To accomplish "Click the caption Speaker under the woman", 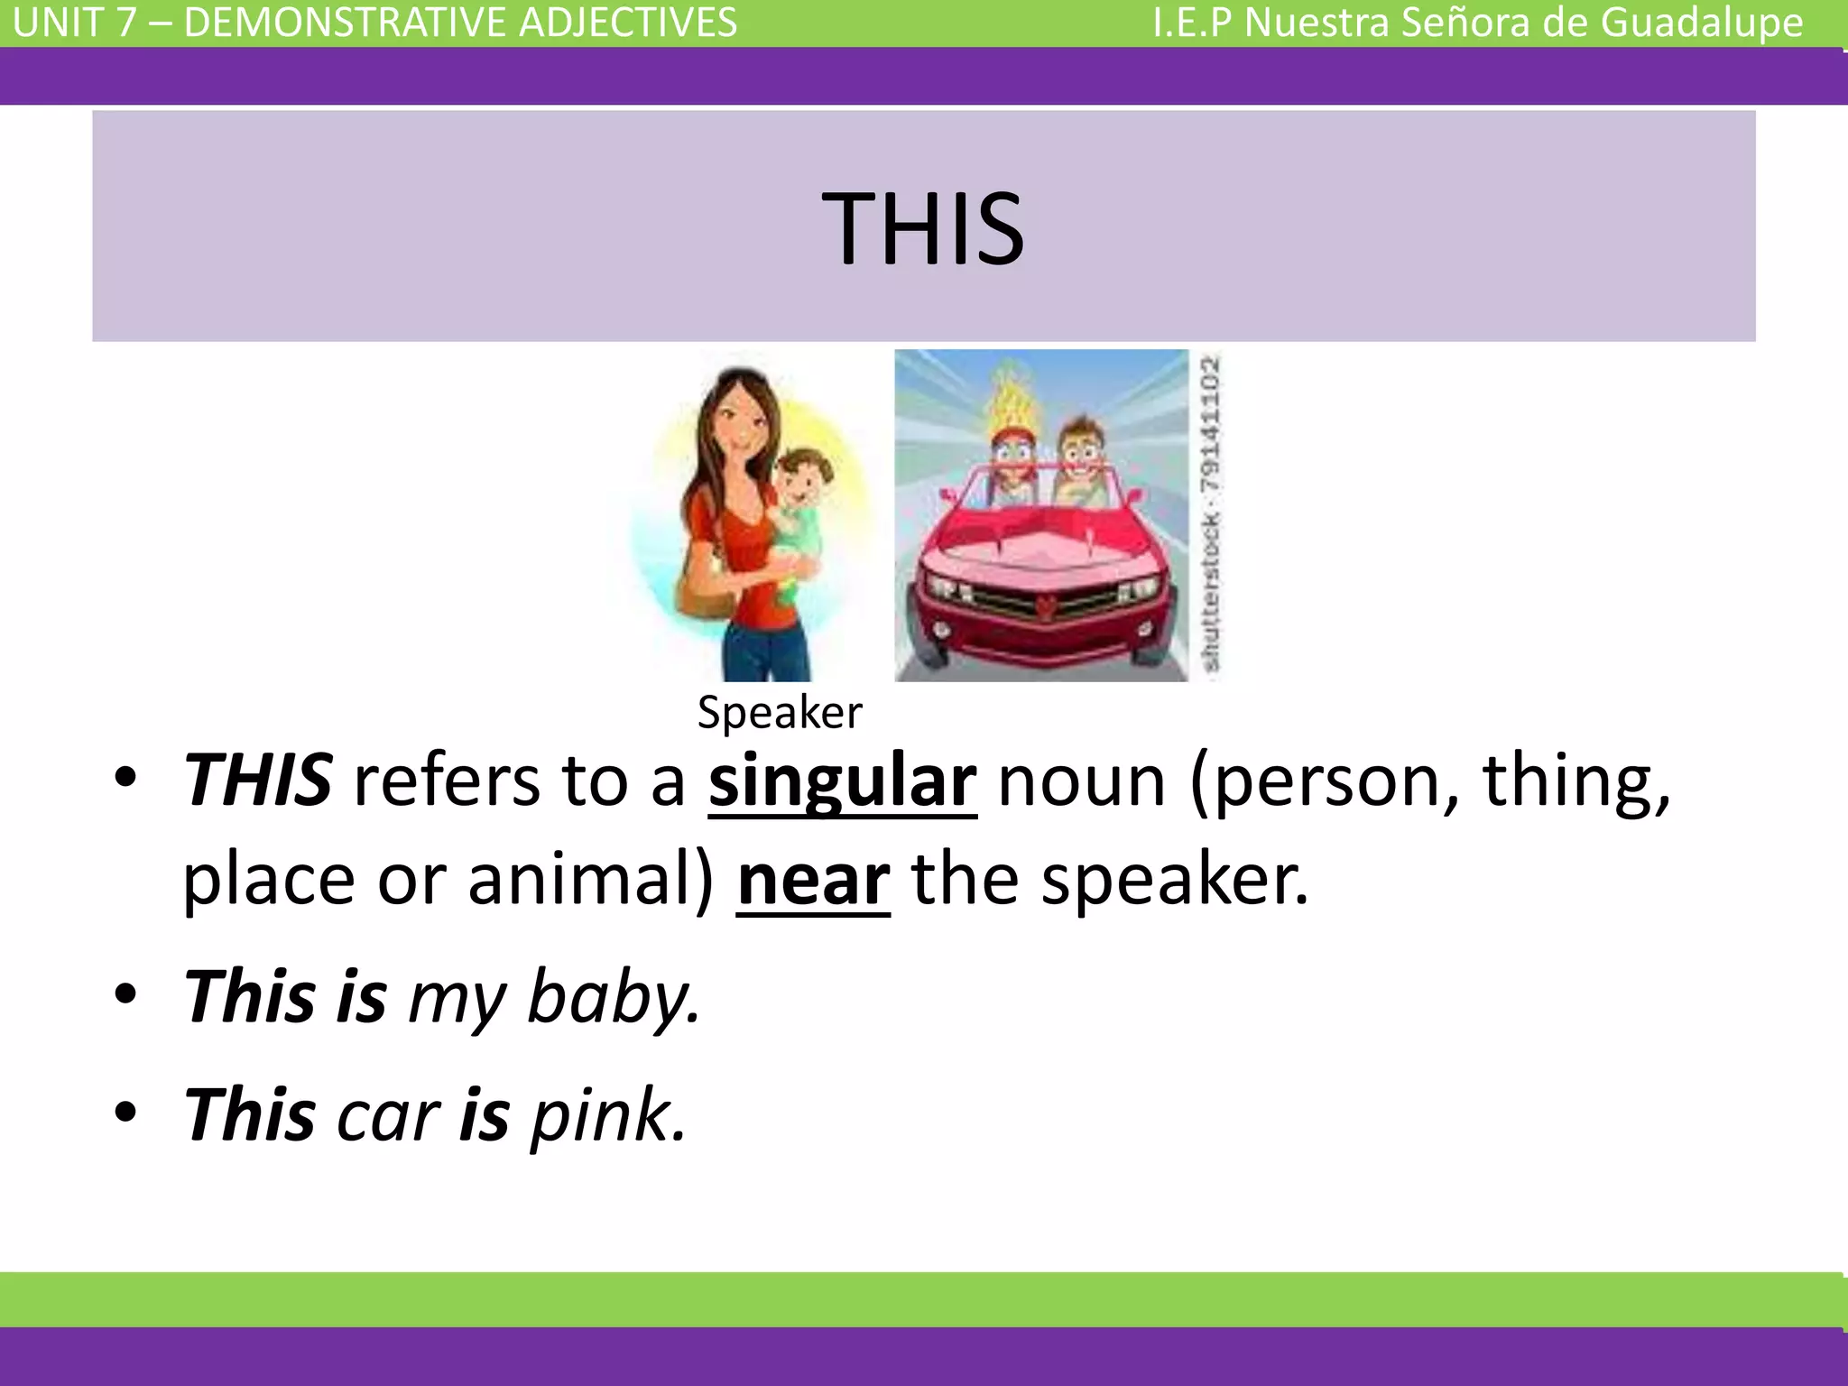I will click(x=780, y=713).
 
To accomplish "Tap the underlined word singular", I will click(x=842, y=781).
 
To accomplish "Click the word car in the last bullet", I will click(x=388, y=1117).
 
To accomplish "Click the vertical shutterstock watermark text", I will click(x=1212, y=514).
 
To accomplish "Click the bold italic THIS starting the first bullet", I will click(x=258, y=781).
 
